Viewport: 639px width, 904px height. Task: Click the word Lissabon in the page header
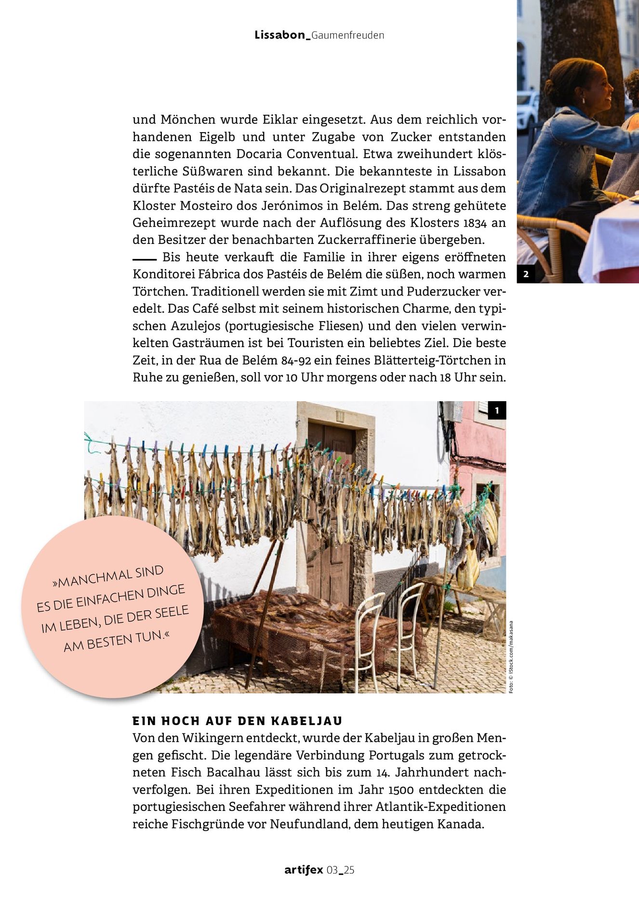click(280, 35)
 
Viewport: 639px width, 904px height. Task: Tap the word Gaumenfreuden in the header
click(348, 35)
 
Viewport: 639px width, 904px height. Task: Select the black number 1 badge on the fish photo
click(497, 410)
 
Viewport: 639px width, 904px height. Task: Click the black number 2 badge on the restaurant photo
click(526, 274)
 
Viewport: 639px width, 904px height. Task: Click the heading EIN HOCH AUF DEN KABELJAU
click(237, 721)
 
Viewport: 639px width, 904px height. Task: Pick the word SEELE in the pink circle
click(172, 613)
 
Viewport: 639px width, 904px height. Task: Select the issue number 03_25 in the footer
click(341, 870)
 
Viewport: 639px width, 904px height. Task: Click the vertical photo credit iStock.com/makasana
click(511, 657)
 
